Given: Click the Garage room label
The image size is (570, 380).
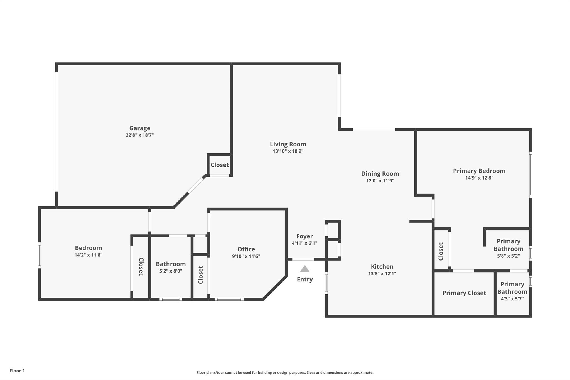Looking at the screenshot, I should [x=140, y=128].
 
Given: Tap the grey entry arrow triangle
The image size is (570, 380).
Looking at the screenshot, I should [x=305, y=269].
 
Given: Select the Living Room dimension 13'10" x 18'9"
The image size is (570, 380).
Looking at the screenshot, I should [x=288, y=151].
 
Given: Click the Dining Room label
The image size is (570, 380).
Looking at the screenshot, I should [x=380, y=173].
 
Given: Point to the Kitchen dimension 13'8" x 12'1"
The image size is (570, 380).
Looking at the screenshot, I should [x=382, y=273].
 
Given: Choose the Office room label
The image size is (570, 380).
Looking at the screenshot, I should [x=246, y=249].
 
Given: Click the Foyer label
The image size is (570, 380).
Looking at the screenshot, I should [x=304, y=236].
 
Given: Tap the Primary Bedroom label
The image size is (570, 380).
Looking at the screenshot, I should [x=479, y=171].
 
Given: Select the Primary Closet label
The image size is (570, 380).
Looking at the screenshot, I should [x=464, y=293].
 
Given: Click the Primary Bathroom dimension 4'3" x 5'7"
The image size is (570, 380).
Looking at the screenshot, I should [x=512, y=299].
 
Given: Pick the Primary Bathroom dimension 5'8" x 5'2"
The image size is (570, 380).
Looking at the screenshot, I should [x=508, y=256].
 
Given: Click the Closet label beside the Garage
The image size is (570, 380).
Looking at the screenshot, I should [x=220, y=165].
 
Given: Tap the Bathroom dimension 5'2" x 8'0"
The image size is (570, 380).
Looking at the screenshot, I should [x=171, y=271].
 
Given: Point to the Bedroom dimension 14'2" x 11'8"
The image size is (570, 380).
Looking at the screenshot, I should [x=89, y=255].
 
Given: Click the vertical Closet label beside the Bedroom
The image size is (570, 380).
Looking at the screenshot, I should [x=141, y=266].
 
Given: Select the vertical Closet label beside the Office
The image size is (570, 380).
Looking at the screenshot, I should [x=201, y=275].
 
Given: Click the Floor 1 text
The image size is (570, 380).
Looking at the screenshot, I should [x=17, y=371].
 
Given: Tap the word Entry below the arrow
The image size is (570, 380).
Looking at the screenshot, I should [x=305, y=279].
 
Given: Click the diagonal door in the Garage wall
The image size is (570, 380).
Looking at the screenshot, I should [x=196, y=185].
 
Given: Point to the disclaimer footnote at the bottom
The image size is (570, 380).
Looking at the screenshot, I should [x=285, y=372].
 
